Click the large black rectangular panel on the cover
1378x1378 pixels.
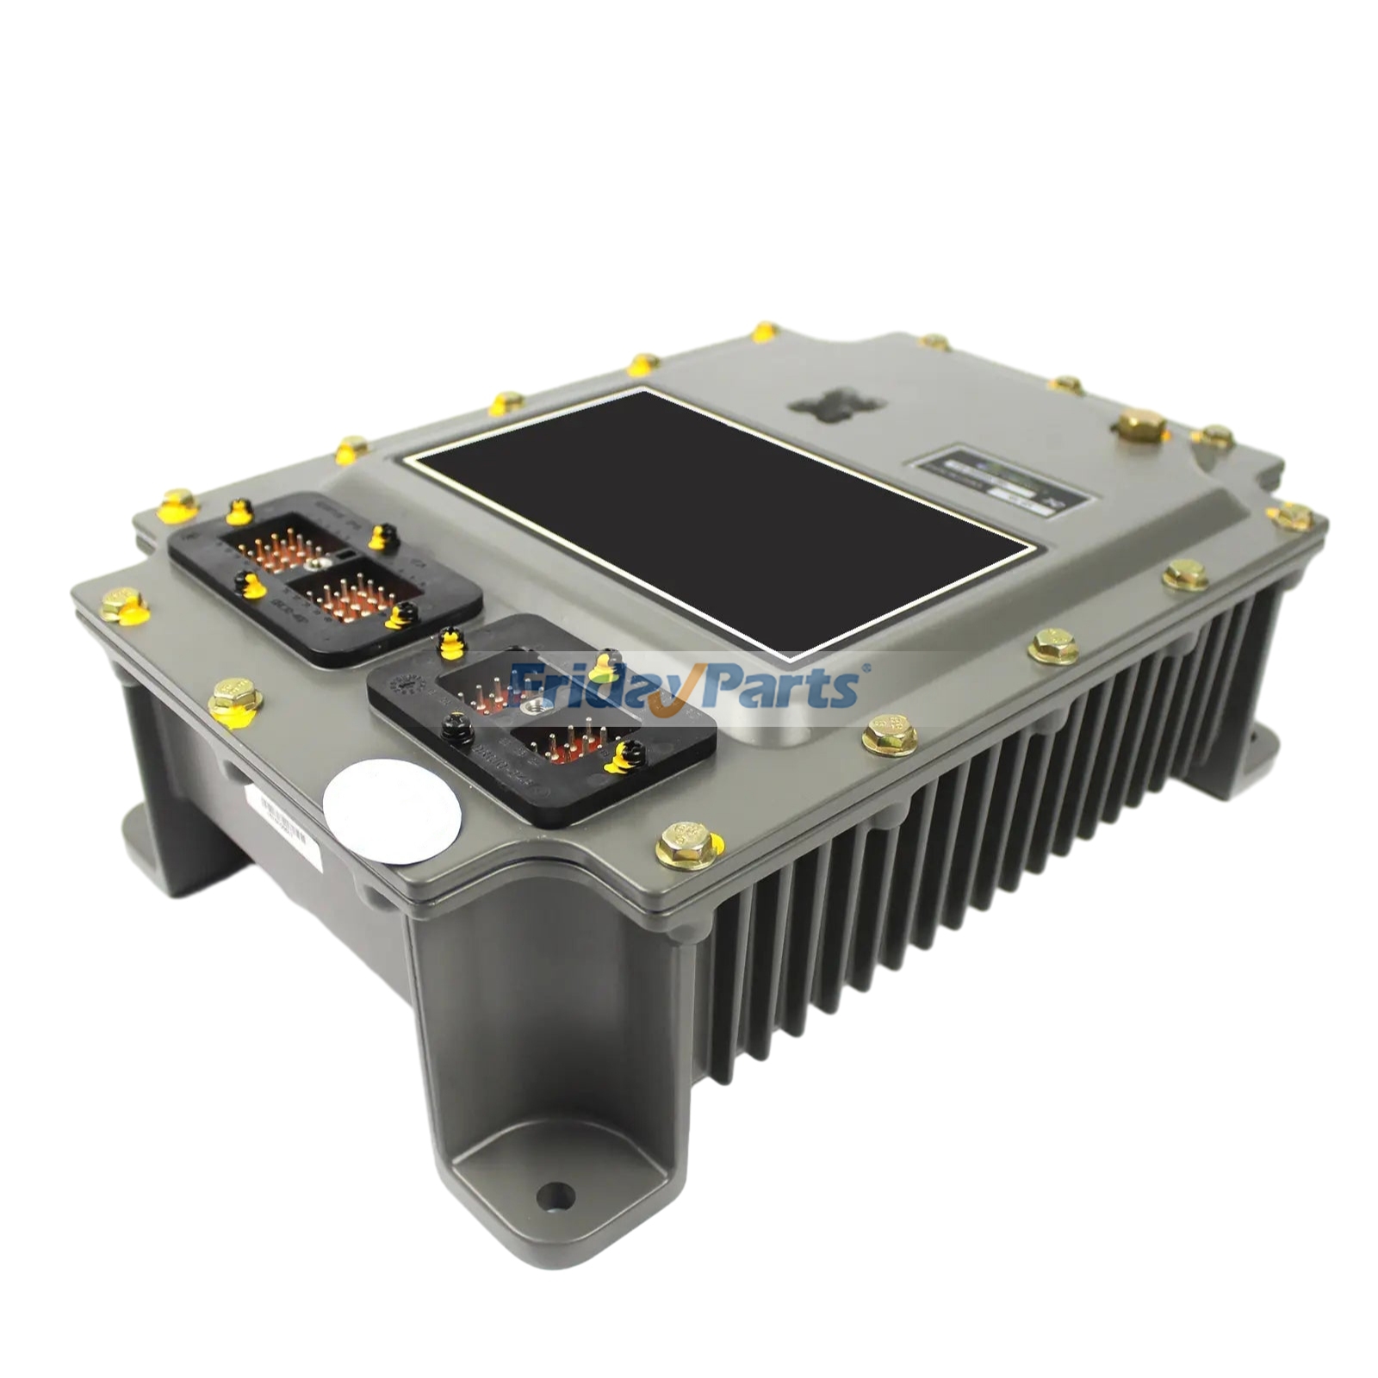(719, 517)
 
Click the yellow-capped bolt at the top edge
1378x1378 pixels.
(764, 332)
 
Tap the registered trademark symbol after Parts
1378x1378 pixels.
(866, 665)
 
